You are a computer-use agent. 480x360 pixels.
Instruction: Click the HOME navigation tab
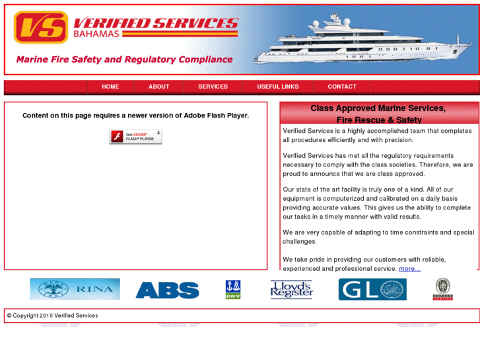tap(110, 87)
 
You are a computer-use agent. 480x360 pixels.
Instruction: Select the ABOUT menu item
tap(158, 87)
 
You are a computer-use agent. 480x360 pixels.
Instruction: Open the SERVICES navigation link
tap(213, 87)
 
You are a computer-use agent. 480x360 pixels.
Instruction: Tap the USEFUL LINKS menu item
tap(277, 87)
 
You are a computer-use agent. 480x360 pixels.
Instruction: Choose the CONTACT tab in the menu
tap(342, 87)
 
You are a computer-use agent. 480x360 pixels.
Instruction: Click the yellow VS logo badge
tap(41, 27)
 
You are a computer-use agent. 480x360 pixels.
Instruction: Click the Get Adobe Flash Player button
tap(135, 137)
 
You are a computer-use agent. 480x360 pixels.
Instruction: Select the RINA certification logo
tap(75, 289)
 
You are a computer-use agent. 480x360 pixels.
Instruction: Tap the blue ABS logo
tap(167, 290)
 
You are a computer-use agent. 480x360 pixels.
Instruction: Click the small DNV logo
tap(232, 289)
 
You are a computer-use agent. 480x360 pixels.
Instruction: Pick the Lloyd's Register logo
tap(291, 289)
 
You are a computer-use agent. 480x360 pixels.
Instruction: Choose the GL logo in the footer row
tap(372, 289)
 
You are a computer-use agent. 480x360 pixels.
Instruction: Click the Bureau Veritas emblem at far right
tap(443, 289)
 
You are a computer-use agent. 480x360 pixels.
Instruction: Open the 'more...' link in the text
tap(409, 269)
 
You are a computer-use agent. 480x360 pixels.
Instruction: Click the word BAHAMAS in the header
tap(96, 34)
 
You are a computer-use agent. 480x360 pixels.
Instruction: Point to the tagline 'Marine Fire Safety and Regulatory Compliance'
tap(124, 59)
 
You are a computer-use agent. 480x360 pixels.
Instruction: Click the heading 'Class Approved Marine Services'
tap(378, 108)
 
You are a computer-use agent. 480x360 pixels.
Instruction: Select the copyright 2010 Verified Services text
tap(53, 316)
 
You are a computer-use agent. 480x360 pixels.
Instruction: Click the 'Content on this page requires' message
tap(135, 116)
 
